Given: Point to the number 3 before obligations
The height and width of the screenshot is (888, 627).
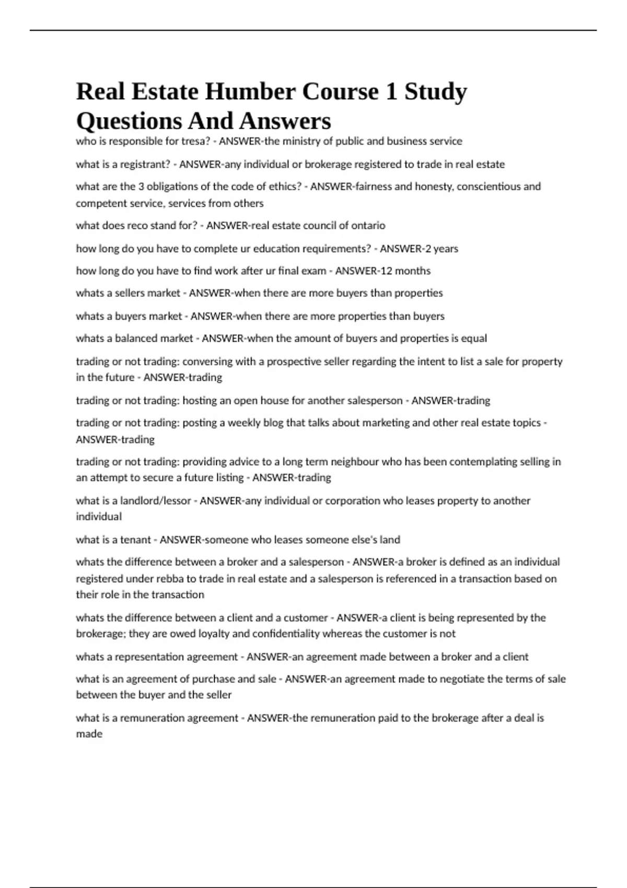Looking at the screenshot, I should [x=141, y=186].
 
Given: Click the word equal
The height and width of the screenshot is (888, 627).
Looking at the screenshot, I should [x=474, y=338].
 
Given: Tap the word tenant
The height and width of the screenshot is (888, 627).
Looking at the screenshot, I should [x=135, y=540].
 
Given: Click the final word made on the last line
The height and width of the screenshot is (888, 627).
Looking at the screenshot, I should [x=89, y=734].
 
